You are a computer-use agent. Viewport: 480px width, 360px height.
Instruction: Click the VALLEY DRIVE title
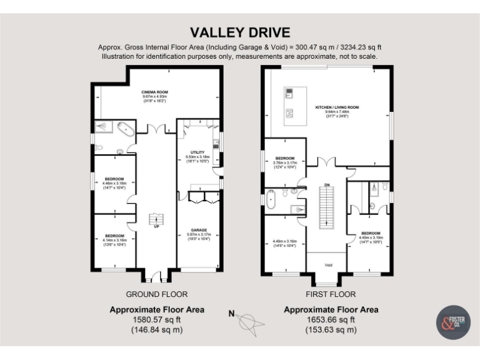click(x=240, y=32)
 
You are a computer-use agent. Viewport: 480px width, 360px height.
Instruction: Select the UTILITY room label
click(x=197, y=152)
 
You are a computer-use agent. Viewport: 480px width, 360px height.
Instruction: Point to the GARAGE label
click(x=199, y=230)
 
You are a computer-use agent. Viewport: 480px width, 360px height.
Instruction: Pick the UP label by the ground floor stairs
click(x=156, y=226)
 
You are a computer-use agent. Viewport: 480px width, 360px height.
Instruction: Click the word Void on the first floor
click(x=329, y=265)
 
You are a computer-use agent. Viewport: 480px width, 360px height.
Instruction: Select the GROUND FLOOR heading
click(x=157, y=294)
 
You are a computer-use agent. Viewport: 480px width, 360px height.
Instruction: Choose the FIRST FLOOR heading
click(x=331, y=294)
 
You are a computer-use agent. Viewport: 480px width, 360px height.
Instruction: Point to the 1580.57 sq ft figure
click(x=157, y=319)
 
